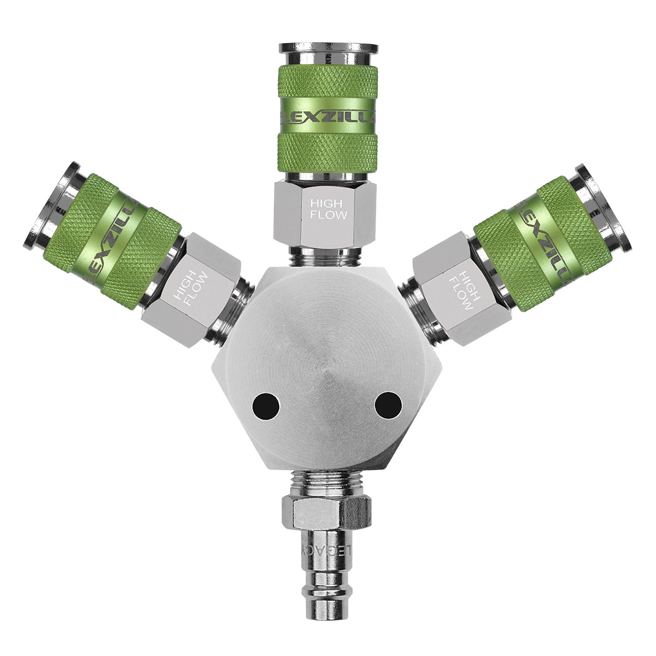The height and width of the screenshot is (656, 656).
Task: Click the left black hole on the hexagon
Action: click(266, 407)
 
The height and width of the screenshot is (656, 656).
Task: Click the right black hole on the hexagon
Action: click(388, 406)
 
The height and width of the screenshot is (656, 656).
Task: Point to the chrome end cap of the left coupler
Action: click(52, 204)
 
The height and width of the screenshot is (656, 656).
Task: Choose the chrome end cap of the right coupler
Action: click(604, 204)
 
